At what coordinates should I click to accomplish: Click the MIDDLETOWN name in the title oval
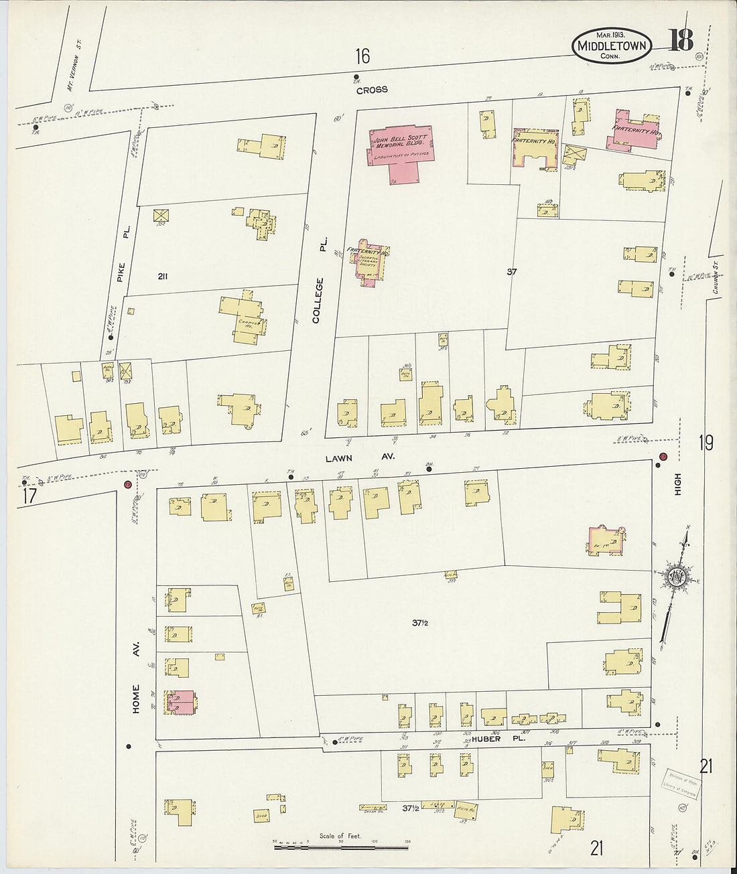pyautogui.click(x=612, y=46)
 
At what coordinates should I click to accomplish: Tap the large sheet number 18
pyautogui.click(x=680, y=41)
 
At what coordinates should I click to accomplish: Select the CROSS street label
pyautogui.click(x=372, y=90)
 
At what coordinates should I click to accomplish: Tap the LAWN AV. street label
pyautogui.click(x=360, y=457)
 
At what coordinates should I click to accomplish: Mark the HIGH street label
pyautogui.click(x=677, y=484)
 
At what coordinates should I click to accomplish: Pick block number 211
pyautogui.click(x=161, y=277)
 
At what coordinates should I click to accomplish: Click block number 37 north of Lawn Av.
pyautogui.click(x=512, y=272)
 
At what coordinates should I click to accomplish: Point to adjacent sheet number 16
pyautogui.click(x=362, y=56)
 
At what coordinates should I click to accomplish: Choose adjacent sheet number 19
pyautogui.click(x=706, y=443)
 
